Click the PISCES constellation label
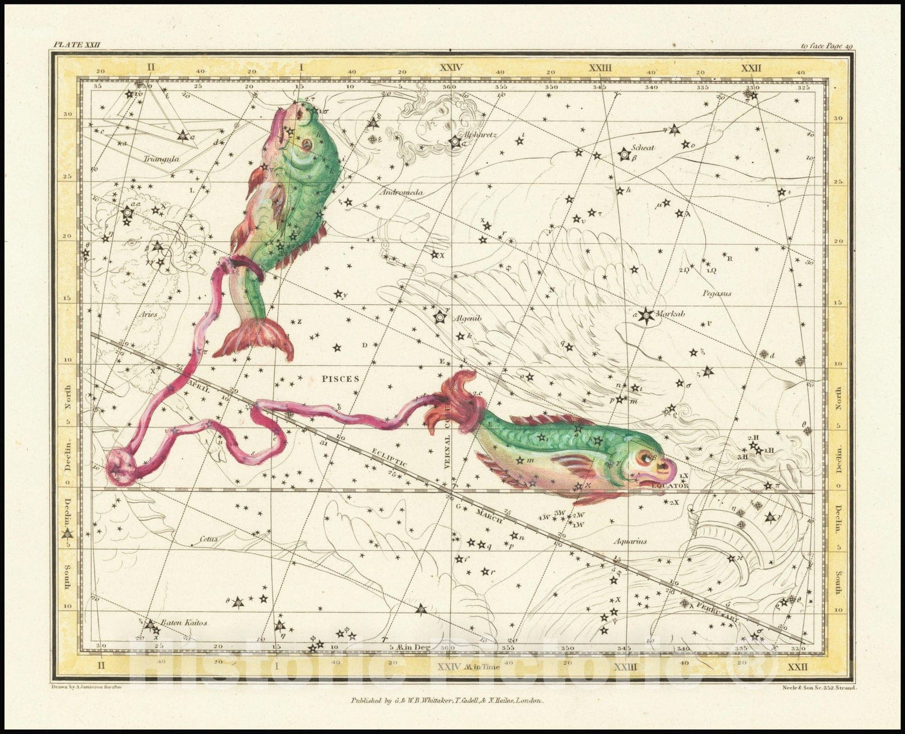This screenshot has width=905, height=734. [x=341, y=378]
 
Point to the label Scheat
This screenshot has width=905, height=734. [x=644, y=148]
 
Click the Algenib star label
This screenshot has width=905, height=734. [x=467, y=318]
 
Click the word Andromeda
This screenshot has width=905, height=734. [x=402, y=192]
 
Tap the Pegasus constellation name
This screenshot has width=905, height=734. [x=717, y=293]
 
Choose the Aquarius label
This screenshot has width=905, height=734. [x=630, y=541]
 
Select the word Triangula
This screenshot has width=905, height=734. [x=161, y=159]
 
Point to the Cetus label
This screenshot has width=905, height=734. [x=208, y=539]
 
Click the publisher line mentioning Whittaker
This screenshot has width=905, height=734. [x=446, y=700]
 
